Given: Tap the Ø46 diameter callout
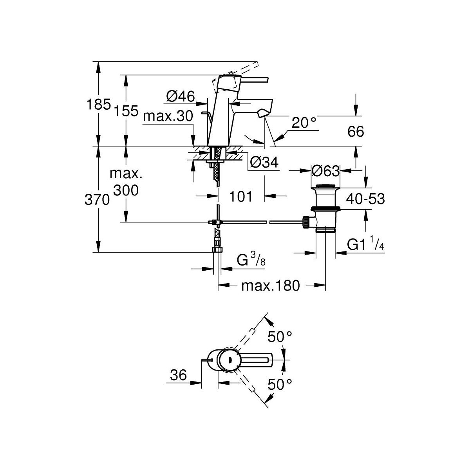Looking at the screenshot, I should click(x=180, y=96).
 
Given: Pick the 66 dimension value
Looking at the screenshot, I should click(x=356, y=132).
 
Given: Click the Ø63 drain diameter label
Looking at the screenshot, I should click(x=325, y=171).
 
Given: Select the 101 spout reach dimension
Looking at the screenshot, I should click(x=241, y=196).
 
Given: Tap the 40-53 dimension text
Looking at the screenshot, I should click(x=365, y=199).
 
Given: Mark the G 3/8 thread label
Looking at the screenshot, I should click(x=251, y=260).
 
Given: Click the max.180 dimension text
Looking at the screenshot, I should click(x=270, y=286).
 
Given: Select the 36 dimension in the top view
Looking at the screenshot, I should click(x=178, y=376).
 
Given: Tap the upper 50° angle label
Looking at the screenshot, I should click(x=280, y=336).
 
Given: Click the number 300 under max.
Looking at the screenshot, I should click(x=126, y=191).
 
